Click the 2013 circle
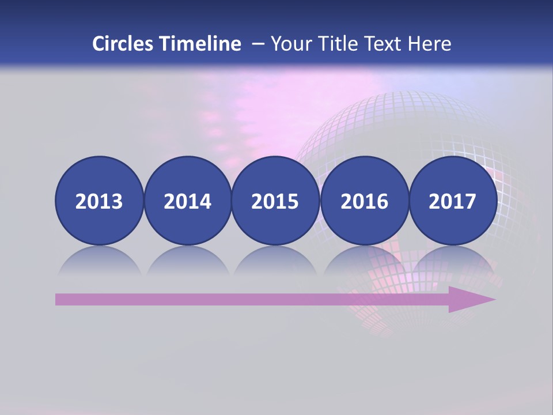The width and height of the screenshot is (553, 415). point(99,201)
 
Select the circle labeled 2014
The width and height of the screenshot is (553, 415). point(187,201)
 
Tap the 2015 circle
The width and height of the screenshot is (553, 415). point(275,201)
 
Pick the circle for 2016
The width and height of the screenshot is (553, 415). point(364,201)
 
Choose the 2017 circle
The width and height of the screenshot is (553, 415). point(453,201)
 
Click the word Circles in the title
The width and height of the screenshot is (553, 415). point(124,44)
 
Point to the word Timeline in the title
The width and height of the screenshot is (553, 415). point(201,44)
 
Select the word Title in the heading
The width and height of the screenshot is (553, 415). point(335,44)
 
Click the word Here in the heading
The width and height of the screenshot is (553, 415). point(430,44)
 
